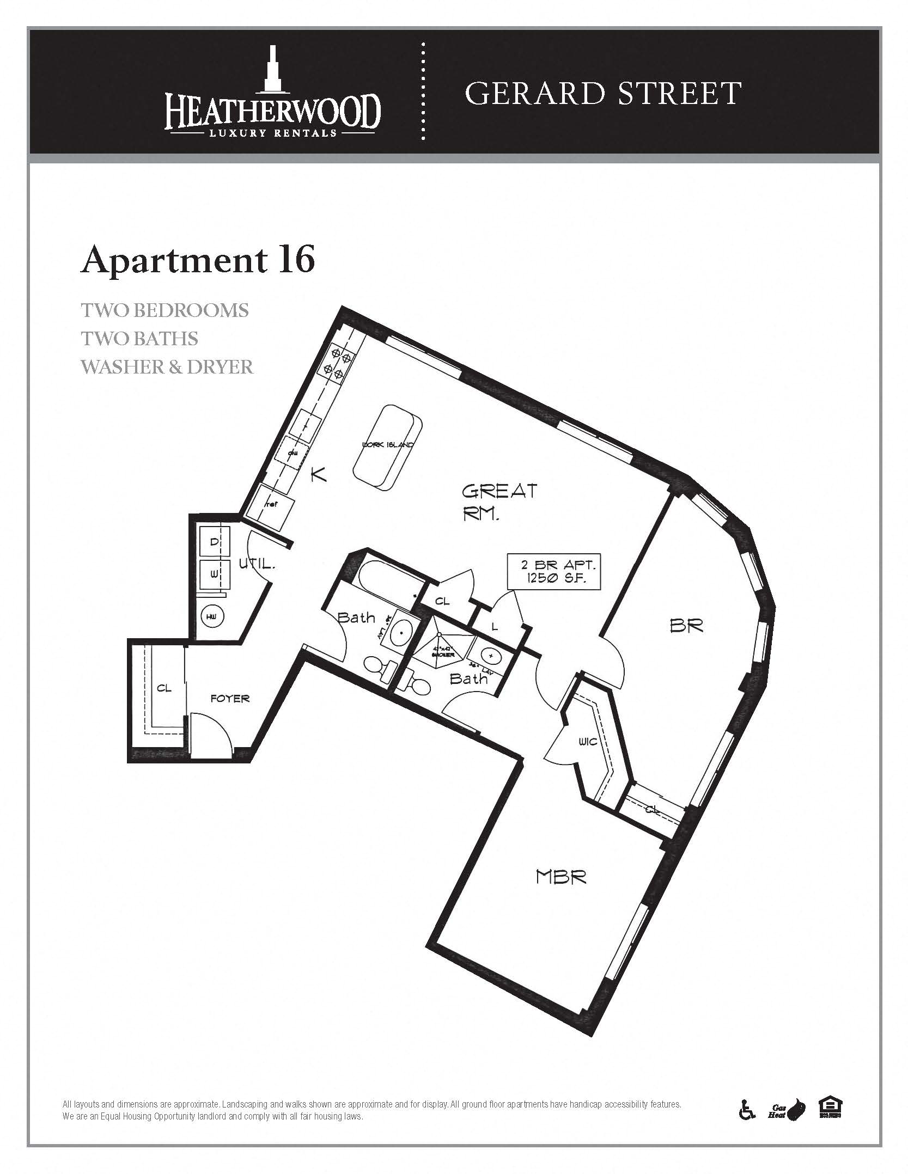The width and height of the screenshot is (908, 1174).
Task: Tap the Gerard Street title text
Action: pos(603,93)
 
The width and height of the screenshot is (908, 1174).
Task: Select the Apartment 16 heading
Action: pos(198,260)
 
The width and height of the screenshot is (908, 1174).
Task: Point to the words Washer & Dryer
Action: pos(167,366)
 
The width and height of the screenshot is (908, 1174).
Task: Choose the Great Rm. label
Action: pos(499,502)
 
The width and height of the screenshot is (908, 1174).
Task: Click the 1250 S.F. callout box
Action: pos(554,571)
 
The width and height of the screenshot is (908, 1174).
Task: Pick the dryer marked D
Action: pos(215,542)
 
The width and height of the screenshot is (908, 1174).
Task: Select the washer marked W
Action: pos(214,574)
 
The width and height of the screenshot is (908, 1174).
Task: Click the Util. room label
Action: pos(257,564)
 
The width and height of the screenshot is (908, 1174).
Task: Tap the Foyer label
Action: pos(230,699)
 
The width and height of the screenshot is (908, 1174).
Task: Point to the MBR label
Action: pos(561,877)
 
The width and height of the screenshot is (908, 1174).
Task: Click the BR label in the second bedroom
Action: pos(686,626)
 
